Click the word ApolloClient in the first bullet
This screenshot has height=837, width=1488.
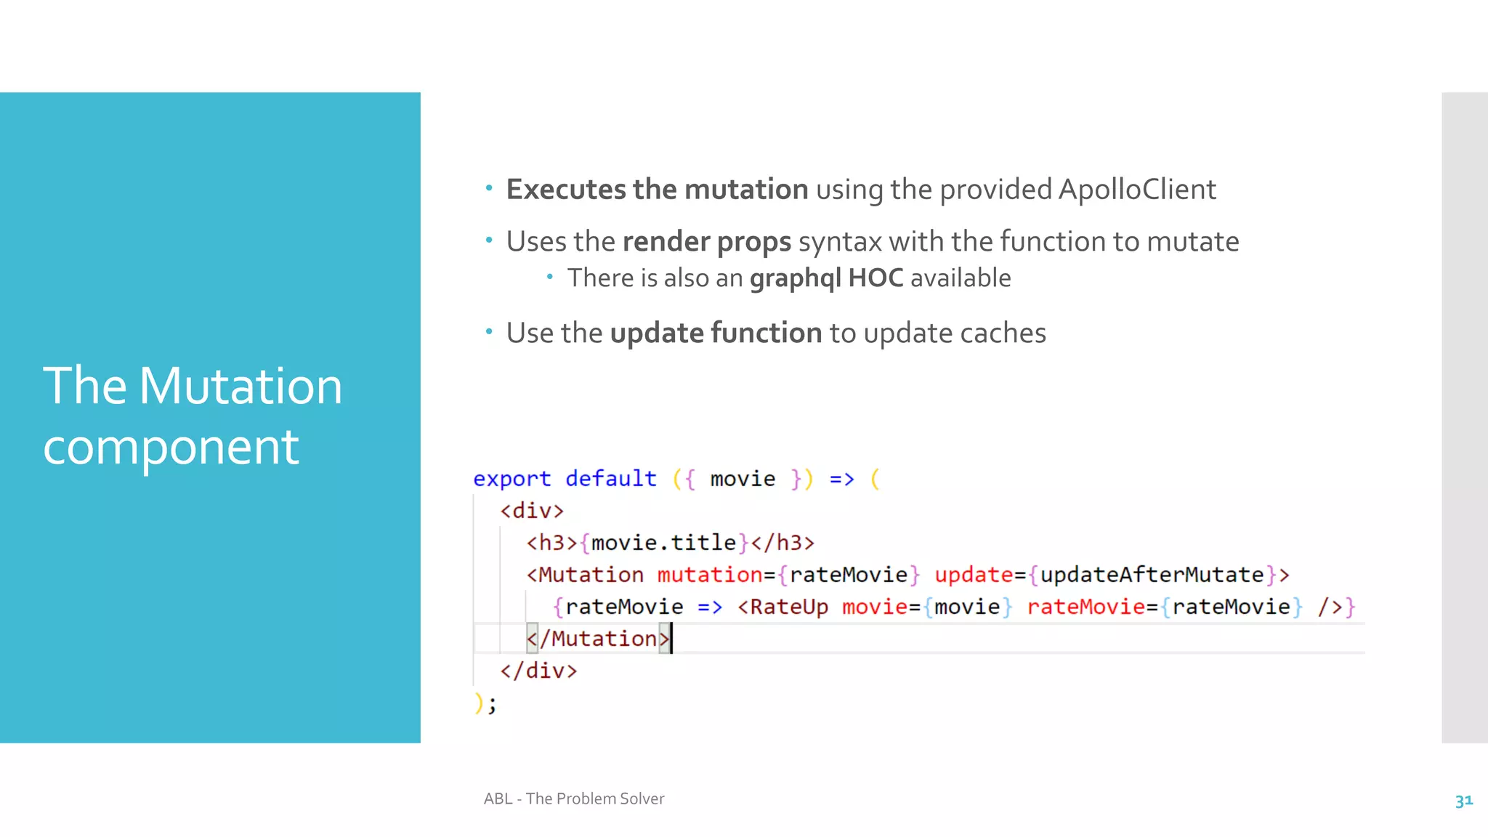pyautogui.click(x=1136, y=190)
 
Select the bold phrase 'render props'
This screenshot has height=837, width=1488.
pyautogui.click(x=706, y=242)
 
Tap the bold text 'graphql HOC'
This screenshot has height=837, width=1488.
pyautogui.click(x=826, y=278)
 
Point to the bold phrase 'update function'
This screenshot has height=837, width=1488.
pyautogui.click(x=716, y=333)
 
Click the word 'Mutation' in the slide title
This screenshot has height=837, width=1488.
pyautogui.click(x=240, y=386)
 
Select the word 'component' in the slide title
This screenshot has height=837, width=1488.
pyautogui.click(x=171, y=447)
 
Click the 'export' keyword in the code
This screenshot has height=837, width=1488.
pyautogui.click(x=511, y=479)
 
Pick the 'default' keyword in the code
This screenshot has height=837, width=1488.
pyautogui.click(x=610, y=479)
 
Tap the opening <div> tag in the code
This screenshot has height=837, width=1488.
pyautogui.click(x=532, y=511)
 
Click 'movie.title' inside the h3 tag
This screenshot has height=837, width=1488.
pyautogui.click(x=663, y=543)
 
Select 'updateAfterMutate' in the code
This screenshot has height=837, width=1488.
pyautogui.click(x=1152, y=575)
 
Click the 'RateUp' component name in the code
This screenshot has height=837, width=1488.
pyautogui.click(x=788, y=607)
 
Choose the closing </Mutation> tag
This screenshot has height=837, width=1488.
pyautogui.click(x=597, y=639)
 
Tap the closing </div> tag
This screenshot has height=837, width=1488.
pyautogui.click(x=538, y=671)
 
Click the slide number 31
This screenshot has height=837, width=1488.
pyautogui.click(x=1463, y=801)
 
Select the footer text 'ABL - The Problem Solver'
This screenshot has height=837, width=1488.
pyautogui.click(x=574, y=799)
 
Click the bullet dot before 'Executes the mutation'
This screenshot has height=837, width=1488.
pyautogui.click(x=489, y=189)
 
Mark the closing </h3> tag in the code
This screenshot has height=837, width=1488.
pyautogui.click(x=783, y=543)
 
